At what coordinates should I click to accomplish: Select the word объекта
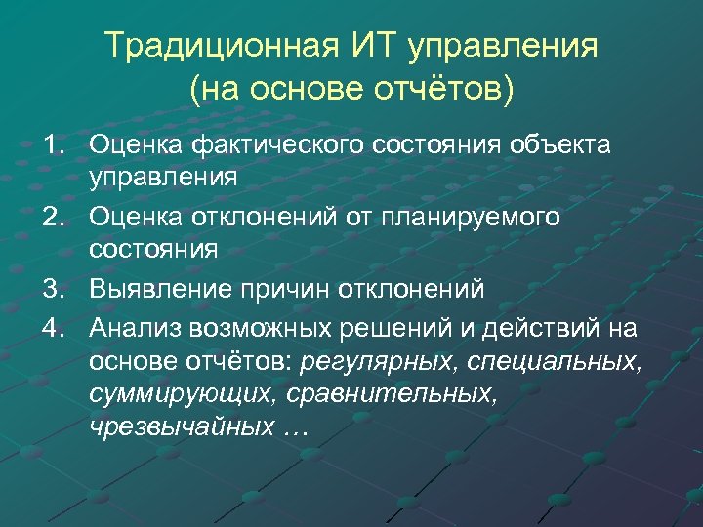[555, 146]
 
